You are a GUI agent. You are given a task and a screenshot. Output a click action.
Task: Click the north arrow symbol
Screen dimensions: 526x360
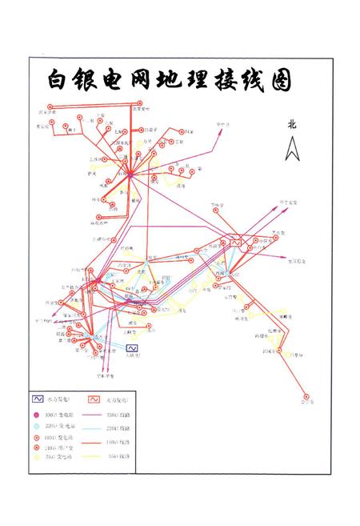tap(293, 148)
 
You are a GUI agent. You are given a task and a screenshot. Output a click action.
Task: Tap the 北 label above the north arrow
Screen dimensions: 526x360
tap(293, 124)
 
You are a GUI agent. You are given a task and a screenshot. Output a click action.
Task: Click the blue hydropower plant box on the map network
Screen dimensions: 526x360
tap(133, 347)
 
